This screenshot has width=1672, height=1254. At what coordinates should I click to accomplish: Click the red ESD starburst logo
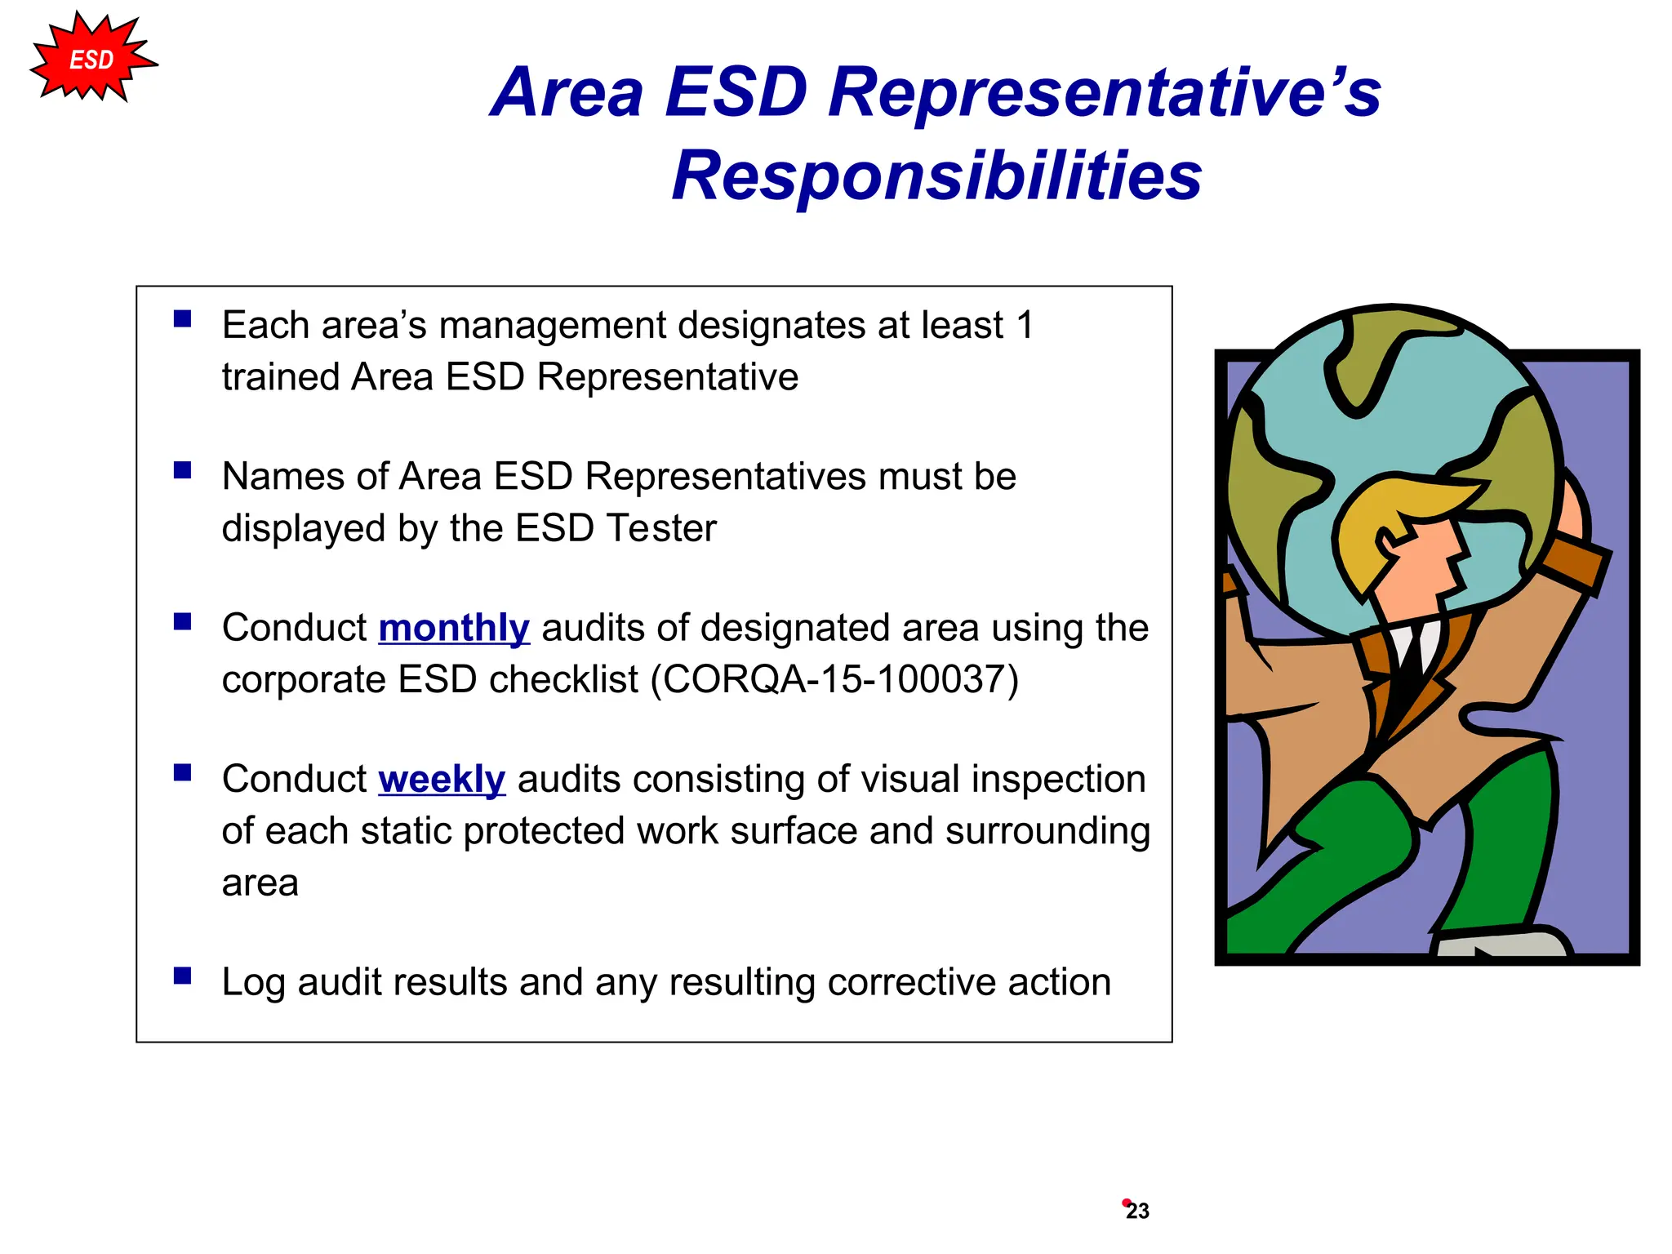tap(91, 60)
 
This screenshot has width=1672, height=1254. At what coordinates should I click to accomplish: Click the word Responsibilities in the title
tap(936, 176)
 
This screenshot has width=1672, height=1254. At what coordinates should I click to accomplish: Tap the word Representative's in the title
tap(1104, 92)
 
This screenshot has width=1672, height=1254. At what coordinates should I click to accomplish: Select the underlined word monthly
tap(454, 629)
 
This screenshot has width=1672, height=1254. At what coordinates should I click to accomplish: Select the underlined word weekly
tap(442, 780)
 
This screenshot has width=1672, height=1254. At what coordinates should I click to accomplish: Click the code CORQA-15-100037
tap(835, 680)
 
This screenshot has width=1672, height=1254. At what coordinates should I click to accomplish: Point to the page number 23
tap(1138, 1212)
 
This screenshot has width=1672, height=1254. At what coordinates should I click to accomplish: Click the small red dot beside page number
tap(1126, 1202)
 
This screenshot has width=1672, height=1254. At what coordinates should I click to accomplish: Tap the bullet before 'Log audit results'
tap(182, 976)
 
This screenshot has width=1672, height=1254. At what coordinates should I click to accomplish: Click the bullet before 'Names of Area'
tap(182, 470)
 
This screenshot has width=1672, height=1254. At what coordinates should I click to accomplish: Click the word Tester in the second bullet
tap(661, 529)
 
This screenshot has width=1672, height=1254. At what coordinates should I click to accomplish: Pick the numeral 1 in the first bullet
tap(1025, 326)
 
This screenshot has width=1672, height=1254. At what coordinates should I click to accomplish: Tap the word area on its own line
tap(260, 883)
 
